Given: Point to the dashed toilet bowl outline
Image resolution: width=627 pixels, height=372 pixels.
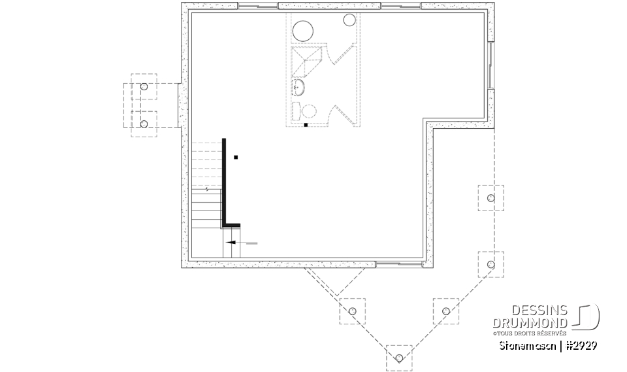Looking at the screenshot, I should tap(306, 110).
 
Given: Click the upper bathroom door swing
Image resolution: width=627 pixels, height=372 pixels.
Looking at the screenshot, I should tap(341, 55).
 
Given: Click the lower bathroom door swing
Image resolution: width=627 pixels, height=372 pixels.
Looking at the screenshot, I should tap(341, 115).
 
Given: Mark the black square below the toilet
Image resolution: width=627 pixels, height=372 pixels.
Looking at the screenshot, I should tap(306, 124).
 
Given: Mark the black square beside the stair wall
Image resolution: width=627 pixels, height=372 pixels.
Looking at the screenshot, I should tap(236, 157).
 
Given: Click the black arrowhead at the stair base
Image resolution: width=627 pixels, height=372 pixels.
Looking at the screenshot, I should tap(231, 242).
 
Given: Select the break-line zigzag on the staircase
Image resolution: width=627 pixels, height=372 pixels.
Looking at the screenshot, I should tap(208, 190).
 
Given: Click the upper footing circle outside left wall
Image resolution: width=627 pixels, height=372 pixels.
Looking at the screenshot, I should tap(144, 86).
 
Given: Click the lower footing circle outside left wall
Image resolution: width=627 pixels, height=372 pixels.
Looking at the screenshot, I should tap(144, 124).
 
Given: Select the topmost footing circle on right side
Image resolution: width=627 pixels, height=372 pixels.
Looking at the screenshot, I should tap(491, 197).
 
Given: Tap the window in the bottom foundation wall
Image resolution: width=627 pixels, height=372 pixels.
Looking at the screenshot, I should tap(398, 265).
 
